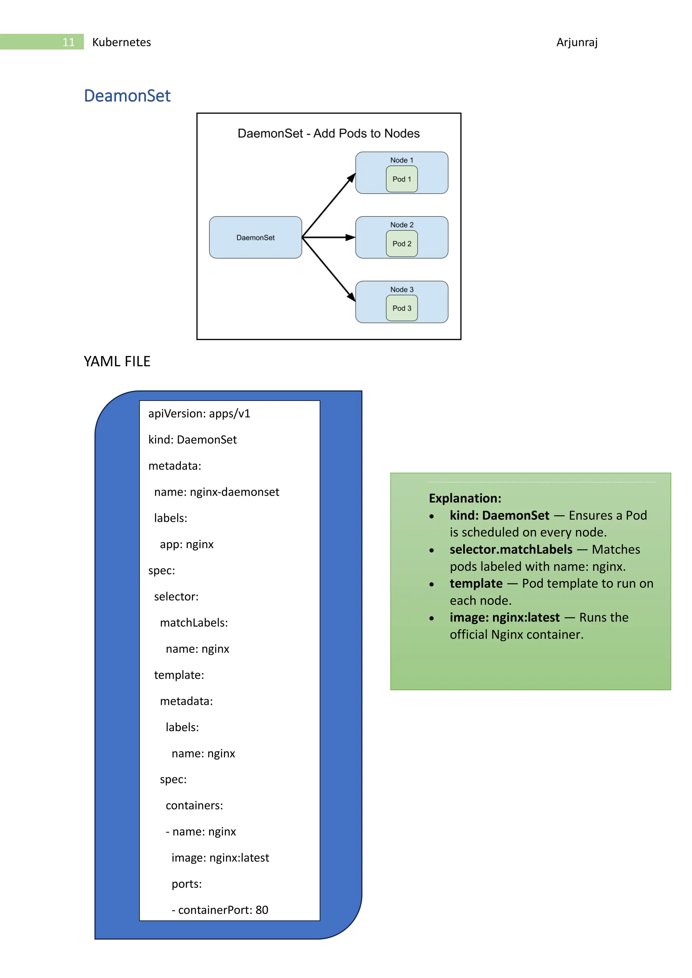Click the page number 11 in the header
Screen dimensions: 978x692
point(68,42)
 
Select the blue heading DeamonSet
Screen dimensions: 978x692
point(127,96)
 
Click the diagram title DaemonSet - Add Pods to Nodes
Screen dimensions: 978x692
point(328,133)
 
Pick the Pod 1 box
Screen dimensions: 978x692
point(401,179)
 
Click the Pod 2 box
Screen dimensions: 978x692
point(401,243)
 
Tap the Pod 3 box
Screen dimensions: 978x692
point(401,308)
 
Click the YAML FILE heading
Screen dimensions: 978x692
point(117,361)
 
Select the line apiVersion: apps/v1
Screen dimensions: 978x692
point(199,414)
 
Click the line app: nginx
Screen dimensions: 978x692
point(187,544)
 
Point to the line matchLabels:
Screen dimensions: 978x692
point(194,623)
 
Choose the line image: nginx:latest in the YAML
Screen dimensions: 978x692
point(220,857)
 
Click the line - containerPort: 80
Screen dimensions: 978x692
point(220,910)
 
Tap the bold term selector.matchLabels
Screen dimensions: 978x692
point(511,549)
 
